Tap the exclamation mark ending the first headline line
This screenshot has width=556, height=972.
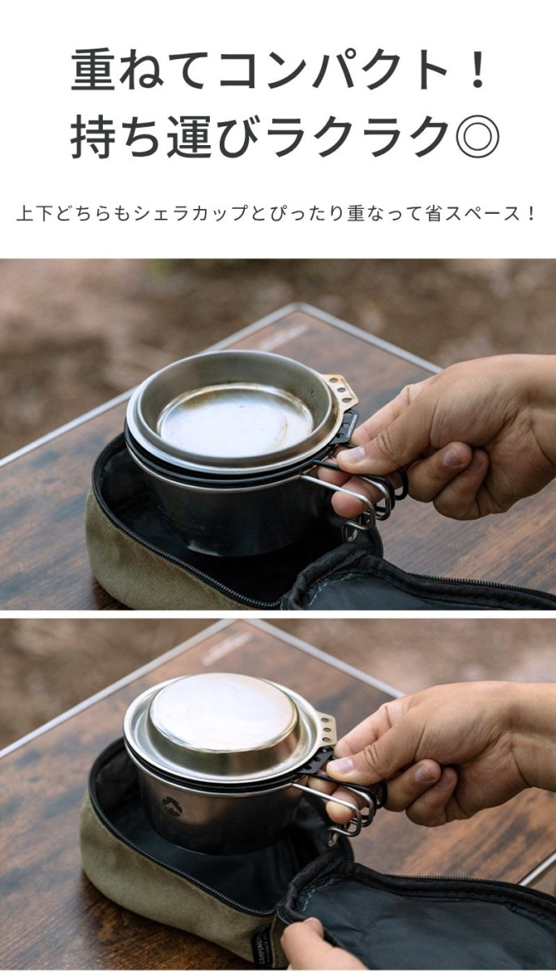[478, 70]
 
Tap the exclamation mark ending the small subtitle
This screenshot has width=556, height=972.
[531, 214]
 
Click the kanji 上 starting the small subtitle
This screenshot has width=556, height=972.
[25, 214]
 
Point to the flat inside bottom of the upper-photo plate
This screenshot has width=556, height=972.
[235, 420]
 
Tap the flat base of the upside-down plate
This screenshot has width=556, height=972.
[224, 713]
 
